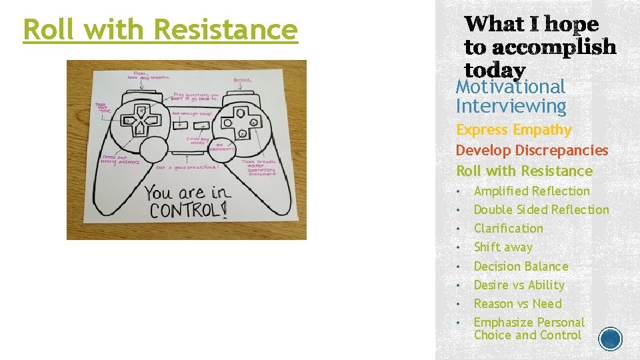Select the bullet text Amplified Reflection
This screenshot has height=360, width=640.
(531, 191)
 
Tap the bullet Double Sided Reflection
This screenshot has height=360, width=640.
(541, 210)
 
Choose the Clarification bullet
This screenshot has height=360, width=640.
(508, 229)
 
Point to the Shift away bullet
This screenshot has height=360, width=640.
(503, 247)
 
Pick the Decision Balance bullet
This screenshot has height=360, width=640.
(521, 266)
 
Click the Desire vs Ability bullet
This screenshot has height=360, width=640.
(519, 285)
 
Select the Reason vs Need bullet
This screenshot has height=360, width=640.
(517, 303)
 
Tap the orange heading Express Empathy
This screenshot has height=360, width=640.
(513, 130)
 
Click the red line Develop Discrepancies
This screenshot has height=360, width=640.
(532, 151)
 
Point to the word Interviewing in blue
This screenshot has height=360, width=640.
(511, 106)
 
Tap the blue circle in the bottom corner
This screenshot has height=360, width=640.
(610, 339)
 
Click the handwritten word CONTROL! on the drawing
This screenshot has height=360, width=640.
(187, 211)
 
